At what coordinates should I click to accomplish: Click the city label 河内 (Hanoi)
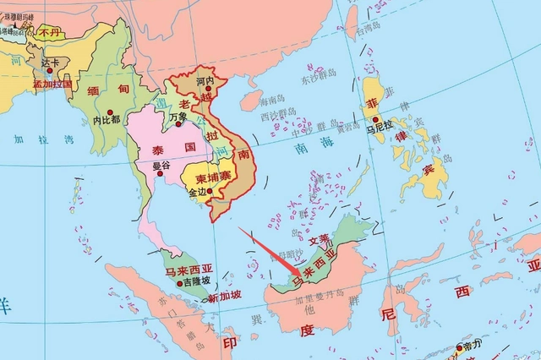click(x=204, y=81)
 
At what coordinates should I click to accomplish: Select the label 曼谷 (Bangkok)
click(x=161, y=165)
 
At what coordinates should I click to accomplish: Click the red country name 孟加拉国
click(x=52, y=84)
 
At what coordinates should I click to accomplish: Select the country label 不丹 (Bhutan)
click(x=49, y=31)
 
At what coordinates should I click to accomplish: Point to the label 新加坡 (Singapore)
click(x=224, y=297)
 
